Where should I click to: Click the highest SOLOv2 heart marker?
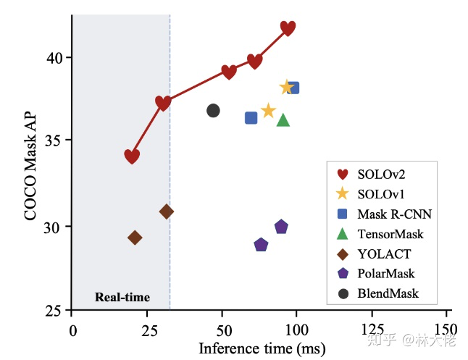[x=288, y=28]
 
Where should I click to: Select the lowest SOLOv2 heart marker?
[x=132, y=156]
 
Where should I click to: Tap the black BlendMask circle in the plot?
[x=213, y=111]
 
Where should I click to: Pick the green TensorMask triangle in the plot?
[x=283, y=120]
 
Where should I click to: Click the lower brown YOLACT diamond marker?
[x=135, y=238]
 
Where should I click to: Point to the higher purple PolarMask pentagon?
[x=281, y=227]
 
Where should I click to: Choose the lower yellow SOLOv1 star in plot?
[x=268, y=111]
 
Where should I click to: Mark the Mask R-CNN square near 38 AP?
[x=293, y=88]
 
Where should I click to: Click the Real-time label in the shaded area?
[x=122, y=297]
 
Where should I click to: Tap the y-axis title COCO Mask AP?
[x=30, y=165]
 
